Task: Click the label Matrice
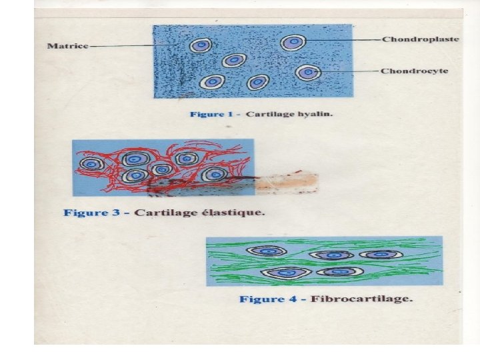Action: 67,46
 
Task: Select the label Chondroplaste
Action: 420,39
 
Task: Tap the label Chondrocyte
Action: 415,71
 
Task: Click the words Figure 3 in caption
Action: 92,213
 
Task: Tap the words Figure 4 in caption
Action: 267,299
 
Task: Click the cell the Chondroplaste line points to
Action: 292,43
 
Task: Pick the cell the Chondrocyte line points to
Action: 307,72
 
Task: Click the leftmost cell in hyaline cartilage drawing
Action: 200,45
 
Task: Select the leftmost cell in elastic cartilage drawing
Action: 91,163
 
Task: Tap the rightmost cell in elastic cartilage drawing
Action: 215,175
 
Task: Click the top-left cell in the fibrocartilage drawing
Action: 267,251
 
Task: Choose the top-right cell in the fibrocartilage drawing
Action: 381,254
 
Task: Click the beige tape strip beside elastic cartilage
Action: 287,182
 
